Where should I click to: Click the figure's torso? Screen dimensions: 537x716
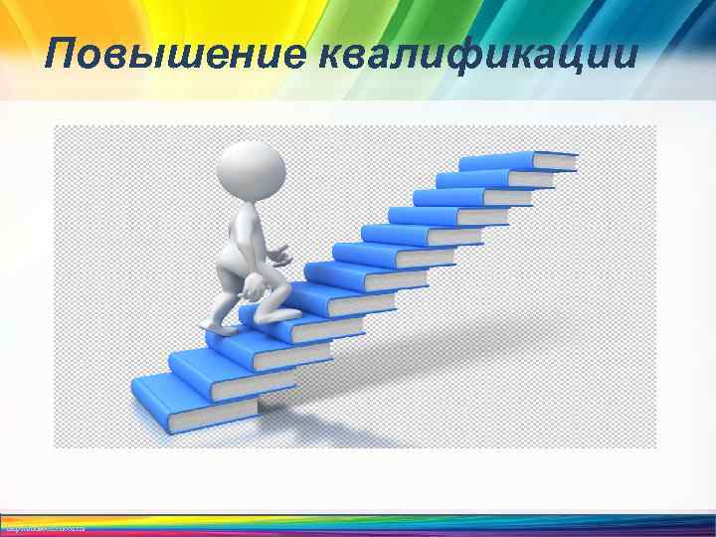[240, 234]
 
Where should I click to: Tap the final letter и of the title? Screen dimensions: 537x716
[625, 56]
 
